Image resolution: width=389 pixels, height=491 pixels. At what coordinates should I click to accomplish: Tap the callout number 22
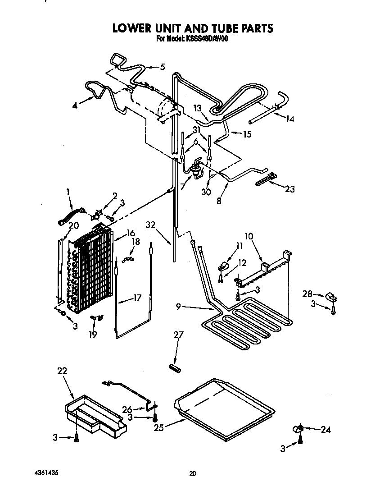(62, 371)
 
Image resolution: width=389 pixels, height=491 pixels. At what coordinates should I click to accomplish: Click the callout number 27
(179, 335)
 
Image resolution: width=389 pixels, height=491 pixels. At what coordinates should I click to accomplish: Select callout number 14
(289, 119)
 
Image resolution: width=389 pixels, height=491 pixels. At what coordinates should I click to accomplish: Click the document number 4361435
(46, 473)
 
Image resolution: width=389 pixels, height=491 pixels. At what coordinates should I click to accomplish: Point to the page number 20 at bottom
(193, 473)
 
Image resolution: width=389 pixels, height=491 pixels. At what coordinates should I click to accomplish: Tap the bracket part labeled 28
(332, 297)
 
